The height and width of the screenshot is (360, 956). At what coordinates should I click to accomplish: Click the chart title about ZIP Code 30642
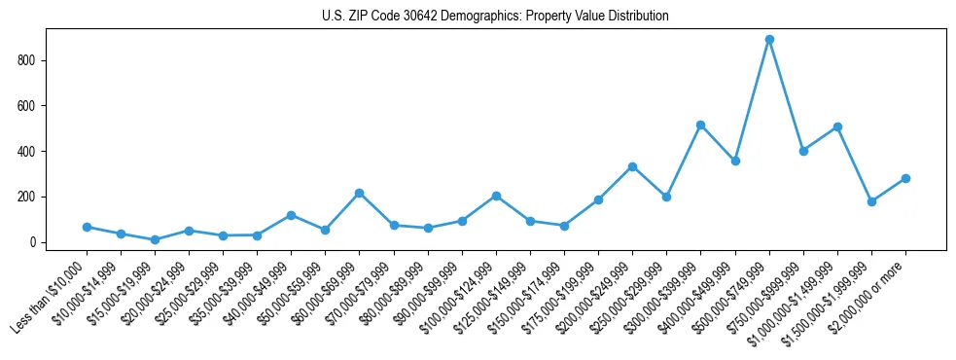click(x=495, y=17)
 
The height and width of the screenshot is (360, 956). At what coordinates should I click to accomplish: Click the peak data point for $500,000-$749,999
click(x=769, y=39)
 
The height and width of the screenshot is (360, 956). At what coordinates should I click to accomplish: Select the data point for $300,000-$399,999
click(x=700, y=125)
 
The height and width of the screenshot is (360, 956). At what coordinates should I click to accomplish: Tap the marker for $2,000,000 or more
click(x=905, y=178)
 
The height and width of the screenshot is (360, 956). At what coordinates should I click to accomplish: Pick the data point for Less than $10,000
click(x=87, y=227)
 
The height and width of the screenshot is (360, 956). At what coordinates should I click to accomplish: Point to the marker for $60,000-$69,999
click(x=359, y=193)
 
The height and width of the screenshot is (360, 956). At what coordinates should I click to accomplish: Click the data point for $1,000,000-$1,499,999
click(x=837, y=126)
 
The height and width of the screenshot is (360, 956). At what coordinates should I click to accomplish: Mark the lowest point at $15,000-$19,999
click(x=155, y=239)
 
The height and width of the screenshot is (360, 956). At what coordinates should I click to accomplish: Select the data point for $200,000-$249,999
click(x=632, y=166)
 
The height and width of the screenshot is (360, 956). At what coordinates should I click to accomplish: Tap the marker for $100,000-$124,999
click(x=496, y=196)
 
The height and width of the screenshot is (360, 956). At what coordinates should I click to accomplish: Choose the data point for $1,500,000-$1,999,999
click(x=871, y=201)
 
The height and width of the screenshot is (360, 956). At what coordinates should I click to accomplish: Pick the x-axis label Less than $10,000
click(x=52, y=295)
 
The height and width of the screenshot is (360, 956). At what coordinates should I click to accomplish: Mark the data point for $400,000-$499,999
click(x=735, y=161)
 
